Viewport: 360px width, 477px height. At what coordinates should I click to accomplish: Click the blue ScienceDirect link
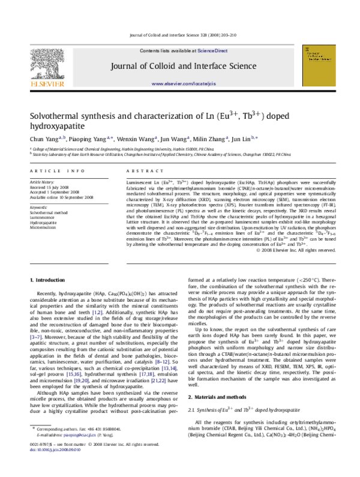coord(212,51)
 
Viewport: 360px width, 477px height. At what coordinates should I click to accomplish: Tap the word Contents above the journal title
coord(149,51)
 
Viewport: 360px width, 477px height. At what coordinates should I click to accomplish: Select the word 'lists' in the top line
coord(165,51)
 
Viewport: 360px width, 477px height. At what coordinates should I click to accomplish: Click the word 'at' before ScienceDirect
coord(194,51)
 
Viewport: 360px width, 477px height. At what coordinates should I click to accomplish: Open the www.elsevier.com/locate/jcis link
coord(184,84)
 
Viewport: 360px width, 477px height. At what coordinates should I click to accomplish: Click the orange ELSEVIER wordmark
coord(47,85)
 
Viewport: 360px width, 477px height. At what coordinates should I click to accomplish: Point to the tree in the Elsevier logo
coord(47,63)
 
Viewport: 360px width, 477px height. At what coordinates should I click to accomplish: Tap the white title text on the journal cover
coord(318,56)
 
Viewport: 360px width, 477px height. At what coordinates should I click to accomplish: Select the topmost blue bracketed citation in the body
coord(97,313)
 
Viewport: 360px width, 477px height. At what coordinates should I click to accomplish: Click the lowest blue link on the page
coord(55,449)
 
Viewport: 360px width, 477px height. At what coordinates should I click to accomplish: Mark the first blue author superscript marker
coord(62,137)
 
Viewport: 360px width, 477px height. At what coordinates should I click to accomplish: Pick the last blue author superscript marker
coord(254,137)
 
